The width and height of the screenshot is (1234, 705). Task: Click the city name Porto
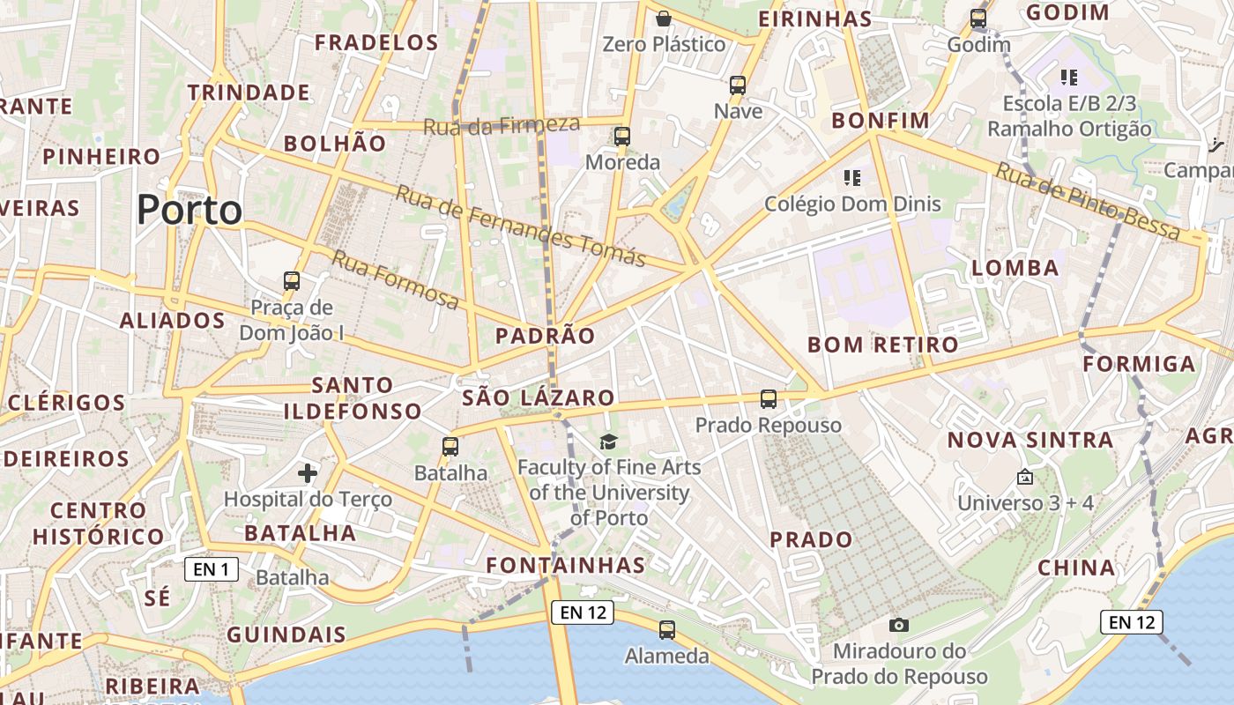tap(189, 210)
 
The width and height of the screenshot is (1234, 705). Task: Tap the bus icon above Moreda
tap(622, 137)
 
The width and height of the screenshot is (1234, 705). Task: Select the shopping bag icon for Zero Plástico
tap(664, 18)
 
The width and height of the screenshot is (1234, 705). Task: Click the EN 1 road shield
tap(212, 569)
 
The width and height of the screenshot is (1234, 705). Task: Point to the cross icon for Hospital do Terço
tap(308, 473)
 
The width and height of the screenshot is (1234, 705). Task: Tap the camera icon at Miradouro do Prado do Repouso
tap(899, 625)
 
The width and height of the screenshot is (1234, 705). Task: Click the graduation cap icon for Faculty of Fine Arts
tap(608, 442)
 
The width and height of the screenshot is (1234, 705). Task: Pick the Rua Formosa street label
tap(396, 280)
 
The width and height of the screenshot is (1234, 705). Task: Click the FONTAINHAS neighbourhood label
tap(566, 565)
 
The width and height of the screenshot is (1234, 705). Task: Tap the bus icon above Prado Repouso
tap(769, 399)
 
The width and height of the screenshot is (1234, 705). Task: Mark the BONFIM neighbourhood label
tap(881, 120)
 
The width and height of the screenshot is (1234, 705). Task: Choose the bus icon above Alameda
tap(667, 630)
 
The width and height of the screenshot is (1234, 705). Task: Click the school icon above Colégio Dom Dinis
tap(851, 178)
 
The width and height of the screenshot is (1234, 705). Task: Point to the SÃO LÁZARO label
tap(538, 397)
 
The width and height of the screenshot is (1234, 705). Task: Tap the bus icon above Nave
tap(738, 85)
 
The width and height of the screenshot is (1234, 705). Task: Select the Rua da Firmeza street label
tap(502, 125)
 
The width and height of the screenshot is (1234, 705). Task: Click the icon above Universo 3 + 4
tap(1025, 478)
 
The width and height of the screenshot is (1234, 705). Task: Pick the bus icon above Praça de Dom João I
tap(292, 281)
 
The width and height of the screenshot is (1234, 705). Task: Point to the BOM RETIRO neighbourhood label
tap(882, 345)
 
